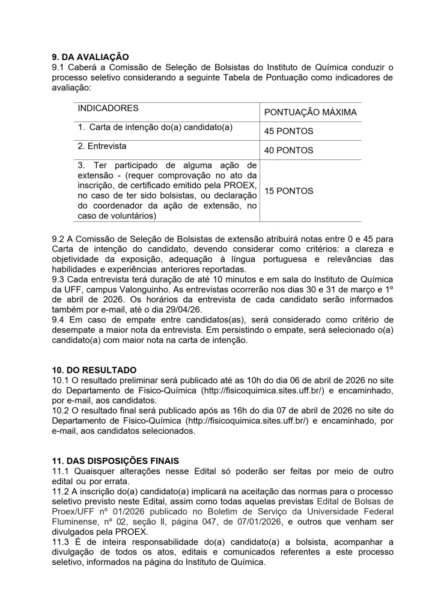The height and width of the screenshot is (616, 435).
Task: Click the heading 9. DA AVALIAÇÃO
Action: point(90,57)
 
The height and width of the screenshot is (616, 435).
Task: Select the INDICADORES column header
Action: point(108,108)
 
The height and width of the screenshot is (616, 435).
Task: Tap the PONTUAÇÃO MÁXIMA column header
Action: point(310,112)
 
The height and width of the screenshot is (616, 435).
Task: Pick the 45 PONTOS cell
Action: point(288,131)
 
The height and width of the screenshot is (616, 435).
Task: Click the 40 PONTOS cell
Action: point(288,150)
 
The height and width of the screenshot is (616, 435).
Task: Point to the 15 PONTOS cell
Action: point(288,191)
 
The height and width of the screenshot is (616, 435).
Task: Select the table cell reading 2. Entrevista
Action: point(102,146)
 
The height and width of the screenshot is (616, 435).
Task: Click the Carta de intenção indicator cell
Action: point(155,128)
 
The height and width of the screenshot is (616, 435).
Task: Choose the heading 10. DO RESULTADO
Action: point(94,370)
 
